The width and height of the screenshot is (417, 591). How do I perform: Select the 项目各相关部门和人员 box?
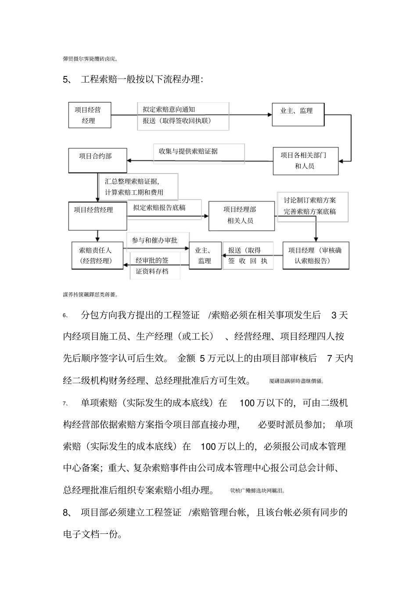point(306,161)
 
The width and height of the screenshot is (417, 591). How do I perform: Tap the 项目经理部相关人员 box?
point(241,215)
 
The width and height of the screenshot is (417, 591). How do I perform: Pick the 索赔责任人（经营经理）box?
point(97,256)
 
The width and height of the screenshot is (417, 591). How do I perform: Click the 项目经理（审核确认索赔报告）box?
point(315,256)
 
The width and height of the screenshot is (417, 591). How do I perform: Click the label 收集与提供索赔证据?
point(188,152)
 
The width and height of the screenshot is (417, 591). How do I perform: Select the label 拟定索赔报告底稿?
point(159,208)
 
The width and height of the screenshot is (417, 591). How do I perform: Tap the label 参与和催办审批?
point(155,240)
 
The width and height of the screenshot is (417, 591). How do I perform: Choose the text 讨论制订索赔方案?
point(309,200)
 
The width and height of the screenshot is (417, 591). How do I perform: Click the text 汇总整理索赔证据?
point(132,181)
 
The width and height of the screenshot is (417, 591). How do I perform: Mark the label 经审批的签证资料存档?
point(152,266)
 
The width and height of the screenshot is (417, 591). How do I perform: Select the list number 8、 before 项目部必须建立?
point(67,512)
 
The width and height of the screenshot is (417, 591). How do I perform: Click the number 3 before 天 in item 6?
point(334,315)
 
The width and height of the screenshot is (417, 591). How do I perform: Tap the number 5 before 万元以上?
point(202,359)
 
